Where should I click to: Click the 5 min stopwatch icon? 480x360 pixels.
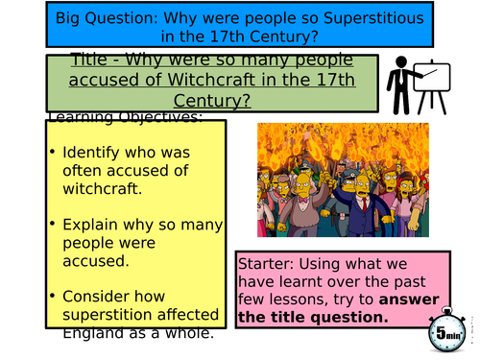point(445,334)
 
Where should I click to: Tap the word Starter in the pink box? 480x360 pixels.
point(269,263)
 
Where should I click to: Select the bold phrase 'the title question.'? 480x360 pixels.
point(314,318)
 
